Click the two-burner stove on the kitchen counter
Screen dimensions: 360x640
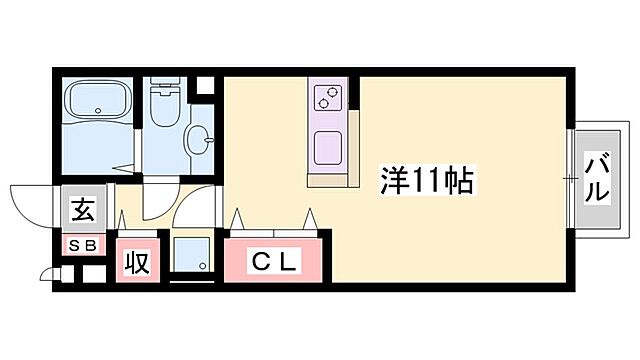click(x=328, y=97)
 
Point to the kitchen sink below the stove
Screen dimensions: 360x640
click(x=327, y=150)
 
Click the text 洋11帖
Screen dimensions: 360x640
click(x=427, y=180)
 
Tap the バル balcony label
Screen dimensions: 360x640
click(x=597, y=179)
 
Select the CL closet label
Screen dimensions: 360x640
click(x=274, y=263)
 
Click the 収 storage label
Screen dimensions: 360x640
click(x=136, y=263)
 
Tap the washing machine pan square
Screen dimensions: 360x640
click(x=191, y=255)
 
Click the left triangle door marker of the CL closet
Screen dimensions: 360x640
click(x=239, y=218)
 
